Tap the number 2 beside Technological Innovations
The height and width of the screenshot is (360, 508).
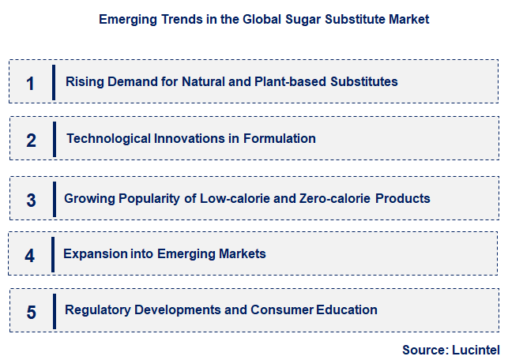coord(31,141)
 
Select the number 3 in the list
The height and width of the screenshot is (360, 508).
coord(31,200)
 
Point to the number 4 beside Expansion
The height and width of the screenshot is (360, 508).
coord(30,256)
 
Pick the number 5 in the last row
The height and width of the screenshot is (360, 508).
coord(31,312)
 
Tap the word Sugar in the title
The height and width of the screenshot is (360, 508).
coord(292,20)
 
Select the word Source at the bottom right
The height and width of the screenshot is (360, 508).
coord(422,349)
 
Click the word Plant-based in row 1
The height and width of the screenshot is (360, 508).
coord(300,81)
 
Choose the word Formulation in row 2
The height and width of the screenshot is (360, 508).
coord(281,139)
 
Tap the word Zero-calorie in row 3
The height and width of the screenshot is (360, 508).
coord(336,198)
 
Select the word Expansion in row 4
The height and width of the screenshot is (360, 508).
coord(96,253)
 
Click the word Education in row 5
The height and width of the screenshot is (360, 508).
coord(347,309)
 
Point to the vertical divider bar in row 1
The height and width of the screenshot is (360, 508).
coord(53,82)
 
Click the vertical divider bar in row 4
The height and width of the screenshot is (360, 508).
coord(53,254)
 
